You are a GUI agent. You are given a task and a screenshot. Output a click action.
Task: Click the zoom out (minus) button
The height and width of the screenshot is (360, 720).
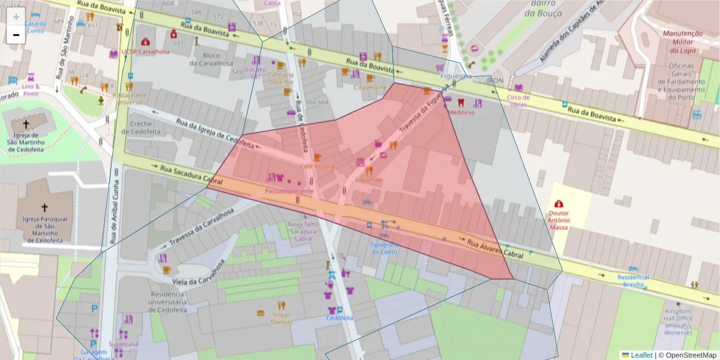tap(16, 35)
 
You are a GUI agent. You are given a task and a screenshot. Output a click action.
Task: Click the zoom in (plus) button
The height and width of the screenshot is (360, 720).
tap(16, 17)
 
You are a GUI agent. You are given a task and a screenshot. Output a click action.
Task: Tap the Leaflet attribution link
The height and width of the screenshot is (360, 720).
tap(641, 355)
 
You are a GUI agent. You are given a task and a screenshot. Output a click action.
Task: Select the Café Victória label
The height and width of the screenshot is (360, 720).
tap(317, 166)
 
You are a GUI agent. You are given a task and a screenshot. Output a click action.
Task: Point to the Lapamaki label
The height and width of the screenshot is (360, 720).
tap(369, 179)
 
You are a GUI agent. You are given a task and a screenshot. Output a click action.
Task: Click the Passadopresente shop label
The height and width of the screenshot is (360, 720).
tap(289, 191)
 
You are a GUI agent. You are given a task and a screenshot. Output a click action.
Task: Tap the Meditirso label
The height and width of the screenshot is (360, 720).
tap(461, 112)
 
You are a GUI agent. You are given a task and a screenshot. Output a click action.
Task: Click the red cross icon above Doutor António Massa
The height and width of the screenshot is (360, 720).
tap(559, 204)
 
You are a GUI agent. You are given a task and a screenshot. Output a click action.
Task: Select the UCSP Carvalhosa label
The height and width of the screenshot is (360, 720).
tap(145, 52)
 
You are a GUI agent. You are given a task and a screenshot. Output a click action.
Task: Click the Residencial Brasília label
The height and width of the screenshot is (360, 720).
tap(633, 281)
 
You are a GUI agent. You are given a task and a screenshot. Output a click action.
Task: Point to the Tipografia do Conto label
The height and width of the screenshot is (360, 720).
tap(385, 248)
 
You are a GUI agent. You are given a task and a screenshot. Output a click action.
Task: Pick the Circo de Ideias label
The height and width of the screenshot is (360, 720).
tap(518, 101)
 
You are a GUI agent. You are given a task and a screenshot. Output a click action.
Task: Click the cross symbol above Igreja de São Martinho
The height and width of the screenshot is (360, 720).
tap(26, 124)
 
